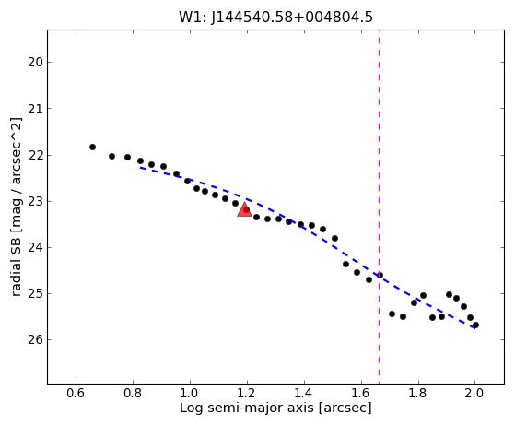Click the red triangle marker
click(x=244, y=210)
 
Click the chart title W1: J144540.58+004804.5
click(x=275, y=18)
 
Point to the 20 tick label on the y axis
click(x=36, y=62)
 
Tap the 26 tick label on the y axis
click(x=36, y=339)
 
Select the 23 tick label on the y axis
click(x=36, y=201)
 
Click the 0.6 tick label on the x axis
click(x=76, y=393)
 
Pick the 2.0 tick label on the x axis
click(x=474, y=393)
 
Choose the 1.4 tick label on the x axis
click(x=304, y=393)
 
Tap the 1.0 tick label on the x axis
click(x=190, y=393)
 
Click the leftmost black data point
click(x=93, y=147)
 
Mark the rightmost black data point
click(x=475, y=325)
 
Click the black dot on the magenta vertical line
click(x=380, y=275)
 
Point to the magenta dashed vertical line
click(x=379, y=207)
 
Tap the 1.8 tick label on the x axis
click(x=417, y=393)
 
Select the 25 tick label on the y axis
click(x=36, y=293)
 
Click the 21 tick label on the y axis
click(x=36, y=109)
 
